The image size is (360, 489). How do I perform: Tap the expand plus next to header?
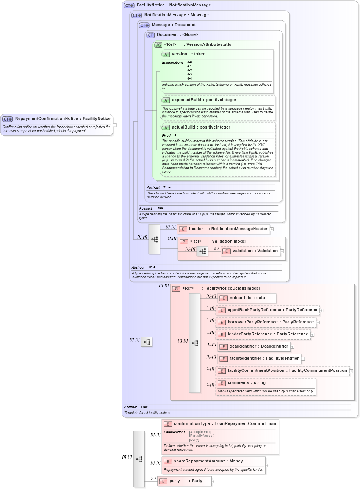[x=272, y=229]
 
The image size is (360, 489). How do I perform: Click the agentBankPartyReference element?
[x=272, y=310]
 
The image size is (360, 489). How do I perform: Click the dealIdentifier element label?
[x=258, y=346]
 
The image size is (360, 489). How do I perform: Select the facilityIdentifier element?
[x=264, y=359]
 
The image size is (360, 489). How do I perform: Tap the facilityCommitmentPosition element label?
[x=287, y=371]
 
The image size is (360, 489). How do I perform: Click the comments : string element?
[x=246, y=383]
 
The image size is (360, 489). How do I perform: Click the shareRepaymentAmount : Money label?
[x=208, y=461]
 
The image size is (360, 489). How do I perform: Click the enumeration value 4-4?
[x=189, y=79]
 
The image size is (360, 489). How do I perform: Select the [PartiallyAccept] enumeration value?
[x=202, y=436]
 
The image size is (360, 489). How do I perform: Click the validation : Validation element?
[x=255, y=251]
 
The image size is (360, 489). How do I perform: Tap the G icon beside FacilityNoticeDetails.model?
[x=176, y=289]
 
